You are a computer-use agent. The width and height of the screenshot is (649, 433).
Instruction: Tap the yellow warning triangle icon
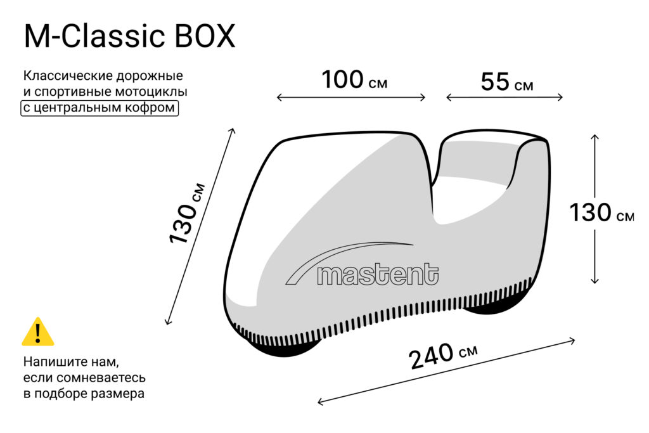pos(38,332)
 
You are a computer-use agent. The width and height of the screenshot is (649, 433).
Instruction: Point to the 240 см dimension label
pos(444,356)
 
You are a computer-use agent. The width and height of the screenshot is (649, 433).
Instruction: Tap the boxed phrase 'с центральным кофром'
pos(100,108)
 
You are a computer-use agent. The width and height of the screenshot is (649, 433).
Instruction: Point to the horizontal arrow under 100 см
pos(351,98)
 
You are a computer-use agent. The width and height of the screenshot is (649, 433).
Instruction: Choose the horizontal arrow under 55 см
pos(504,98)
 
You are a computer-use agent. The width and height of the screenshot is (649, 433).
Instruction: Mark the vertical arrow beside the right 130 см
pos(594,209)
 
